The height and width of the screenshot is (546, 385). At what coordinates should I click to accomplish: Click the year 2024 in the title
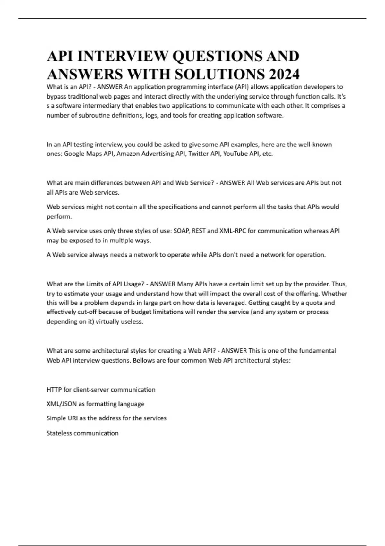(x=284, y=74)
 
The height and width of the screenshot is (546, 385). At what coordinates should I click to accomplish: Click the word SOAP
(x=181, y=231)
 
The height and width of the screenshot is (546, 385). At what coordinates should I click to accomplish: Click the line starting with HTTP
(x=101, y=390)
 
